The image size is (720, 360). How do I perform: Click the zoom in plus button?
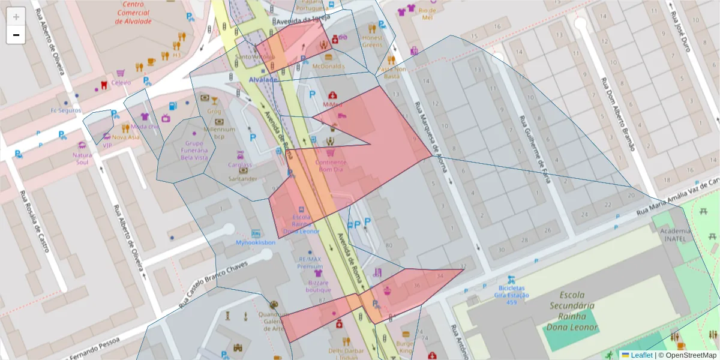16,17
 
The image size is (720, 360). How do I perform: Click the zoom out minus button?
16,35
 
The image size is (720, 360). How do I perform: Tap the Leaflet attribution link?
641,355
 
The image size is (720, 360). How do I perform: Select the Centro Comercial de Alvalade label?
133,13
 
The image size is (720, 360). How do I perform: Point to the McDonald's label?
328,66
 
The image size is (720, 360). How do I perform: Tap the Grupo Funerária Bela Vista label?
194,150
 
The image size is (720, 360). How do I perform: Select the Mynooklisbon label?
256,242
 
